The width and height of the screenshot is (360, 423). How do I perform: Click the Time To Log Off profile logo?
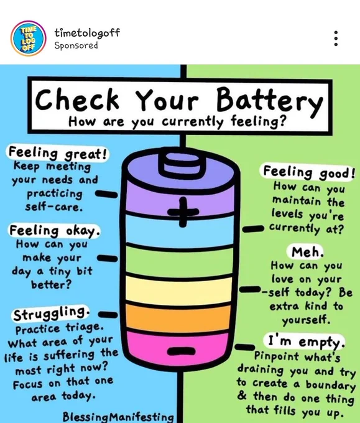point(29,39)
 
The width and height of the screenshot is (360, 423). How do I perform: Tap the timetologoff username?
point(87,33)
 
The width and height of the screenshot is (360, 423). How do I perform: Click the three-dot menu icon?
point(336,39)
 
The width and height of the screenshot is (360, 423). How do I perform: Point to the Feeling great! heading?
point(57,153)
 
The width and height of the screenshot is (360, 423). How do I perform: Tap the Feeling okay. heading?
point(55,231)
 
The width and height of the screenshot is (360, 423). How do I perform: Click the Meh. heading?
point(307,252)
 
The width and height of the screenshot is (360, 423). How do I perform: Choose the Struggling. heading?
point(51,314)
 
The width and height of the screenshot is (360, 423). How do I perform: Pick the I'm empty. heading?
point(306,342)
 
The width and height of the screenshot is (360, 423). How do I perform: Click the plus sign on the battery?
point(183,211)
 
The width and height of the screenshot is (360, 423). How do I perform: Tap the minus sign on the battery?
point(181,351)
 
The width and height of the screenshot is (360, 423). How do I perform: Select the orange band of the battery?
point(178,318)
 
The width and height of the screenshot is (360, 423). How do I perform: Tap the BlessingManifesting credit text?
point(118,417)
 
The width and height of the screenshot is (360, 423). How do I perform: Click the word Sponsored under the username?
point(76,45)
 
